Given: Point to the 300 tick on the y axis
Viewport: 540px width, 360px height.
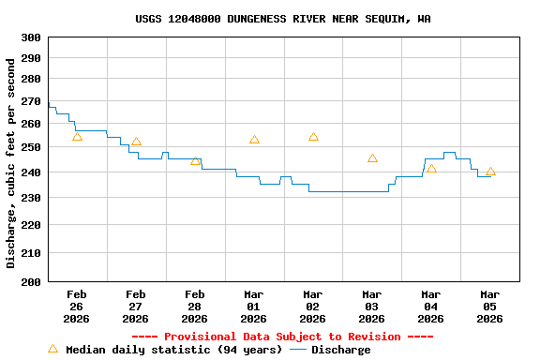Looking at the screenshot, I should [x=31, y=37].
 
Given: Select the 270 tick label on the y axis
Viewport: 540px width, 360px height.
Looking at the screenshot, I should [x=31, y=101].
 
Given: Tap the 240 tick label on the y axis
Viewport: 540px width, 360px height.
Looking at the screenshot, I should [x=31, y=172].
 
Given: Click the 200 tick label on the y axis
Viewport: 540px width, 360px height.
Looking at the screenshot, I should [x=31, y=281].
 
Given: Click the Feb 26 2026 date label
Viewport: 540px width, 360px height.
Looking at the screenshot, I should [x=77, y=307].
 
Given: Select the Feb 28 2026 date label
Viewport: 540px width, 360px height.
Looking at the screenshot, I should [x=195, y=307].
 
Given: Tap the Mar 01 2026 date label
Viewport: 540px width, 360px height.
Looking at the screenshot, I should [x=254, y=307].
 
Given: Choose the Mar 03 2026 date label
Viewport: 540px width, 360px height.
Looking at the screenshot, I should [x=372, y=307].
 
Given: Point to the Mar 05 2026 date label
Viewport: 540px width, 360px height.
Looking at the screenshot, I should [x=490, y=307].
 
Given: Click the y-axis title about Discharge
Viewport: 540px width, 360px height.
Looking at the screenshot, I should [x=11, y=163].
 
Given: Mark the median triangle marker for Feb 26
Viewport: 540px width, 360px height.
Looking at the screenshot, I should [x=77, y=137].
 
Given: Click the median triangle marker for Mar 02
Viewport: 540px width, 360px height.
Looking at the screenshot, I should [x=313, y=137].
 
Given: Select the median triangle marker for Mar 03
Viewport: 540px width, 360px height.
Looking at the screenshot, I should [x=372, y=158].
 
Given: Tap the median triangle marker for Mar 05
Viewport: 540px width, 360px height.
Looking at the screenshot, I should [x=490, y=172].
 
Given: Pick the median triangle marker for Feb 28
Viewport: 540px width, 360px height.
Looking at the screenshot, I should [x=195, y=160].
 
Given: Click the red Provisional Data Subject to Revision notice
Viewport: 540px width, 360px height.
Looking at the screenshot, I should [x=282, y=337].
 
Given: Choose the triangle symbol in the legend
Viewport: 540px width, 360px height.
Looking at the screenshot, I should [x=52, y=349].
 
